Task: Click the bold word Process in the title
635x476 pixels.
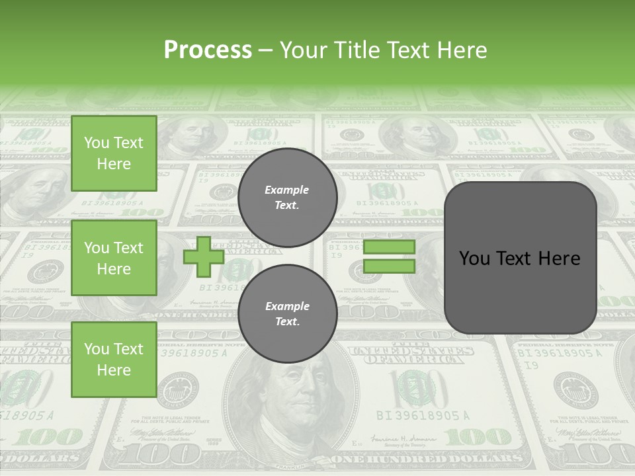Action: coord(208,50)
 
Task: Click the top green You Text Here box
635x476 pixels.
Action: coord(114,153)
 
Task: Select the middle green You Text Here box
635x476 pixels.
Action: coord(114,258)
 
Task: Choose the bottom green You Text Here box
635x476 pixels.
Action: coord(114,359)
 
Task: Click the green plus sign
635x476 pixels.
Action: coord(203,257)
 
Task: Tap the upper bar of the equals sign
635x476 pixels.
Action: coord(389,247)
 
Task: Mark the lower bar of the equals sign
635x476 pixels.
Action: coord(389,266)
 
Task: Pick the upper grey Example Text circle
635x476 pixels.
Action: coord(287,197)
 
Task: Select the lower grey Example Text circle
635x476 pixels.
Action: coord(287,313)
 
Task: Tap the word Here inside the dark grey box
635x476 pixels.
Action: coord(560,258)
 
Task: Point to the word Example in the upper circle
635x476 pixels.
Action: coord(287,190)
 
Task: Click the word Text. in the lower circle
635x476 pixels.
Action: coord(287,321)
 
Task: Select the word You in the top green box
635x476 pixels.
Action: coord(97,143)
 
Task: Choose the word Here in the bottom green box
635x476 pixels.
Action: coord(114,370)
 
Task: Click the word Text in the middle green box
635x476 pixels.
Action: coord(128,248)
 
